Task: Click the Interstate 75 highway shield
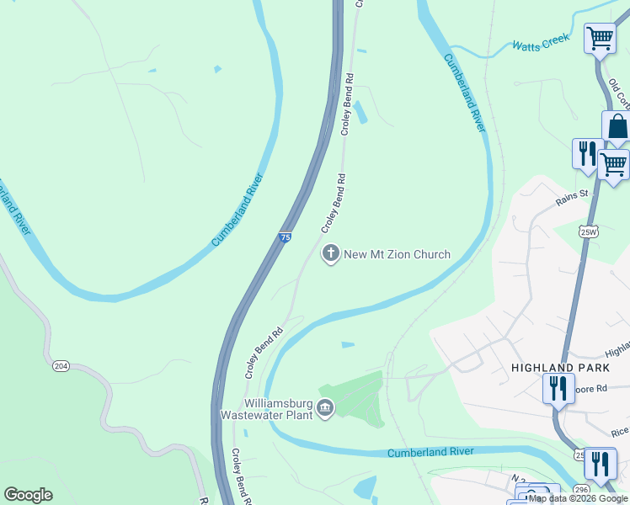tap(286, 239)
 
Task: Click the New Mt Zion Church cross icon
tap(331, 253)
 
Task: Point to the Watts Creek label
tap(542, 42)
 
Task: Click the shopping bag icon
tap(617, 127)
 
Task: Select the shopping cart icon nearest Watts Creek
tap(599, 38)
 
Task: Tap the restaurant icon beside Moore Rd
tap(558, 389)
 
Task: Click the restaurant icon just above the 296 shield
tap(600, 462)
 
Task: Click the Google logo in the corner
tap(29, 495)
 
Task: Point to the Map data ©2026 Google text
tap(578, 498)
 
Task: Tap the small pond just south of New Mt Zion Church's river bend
tap(348, 344)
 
